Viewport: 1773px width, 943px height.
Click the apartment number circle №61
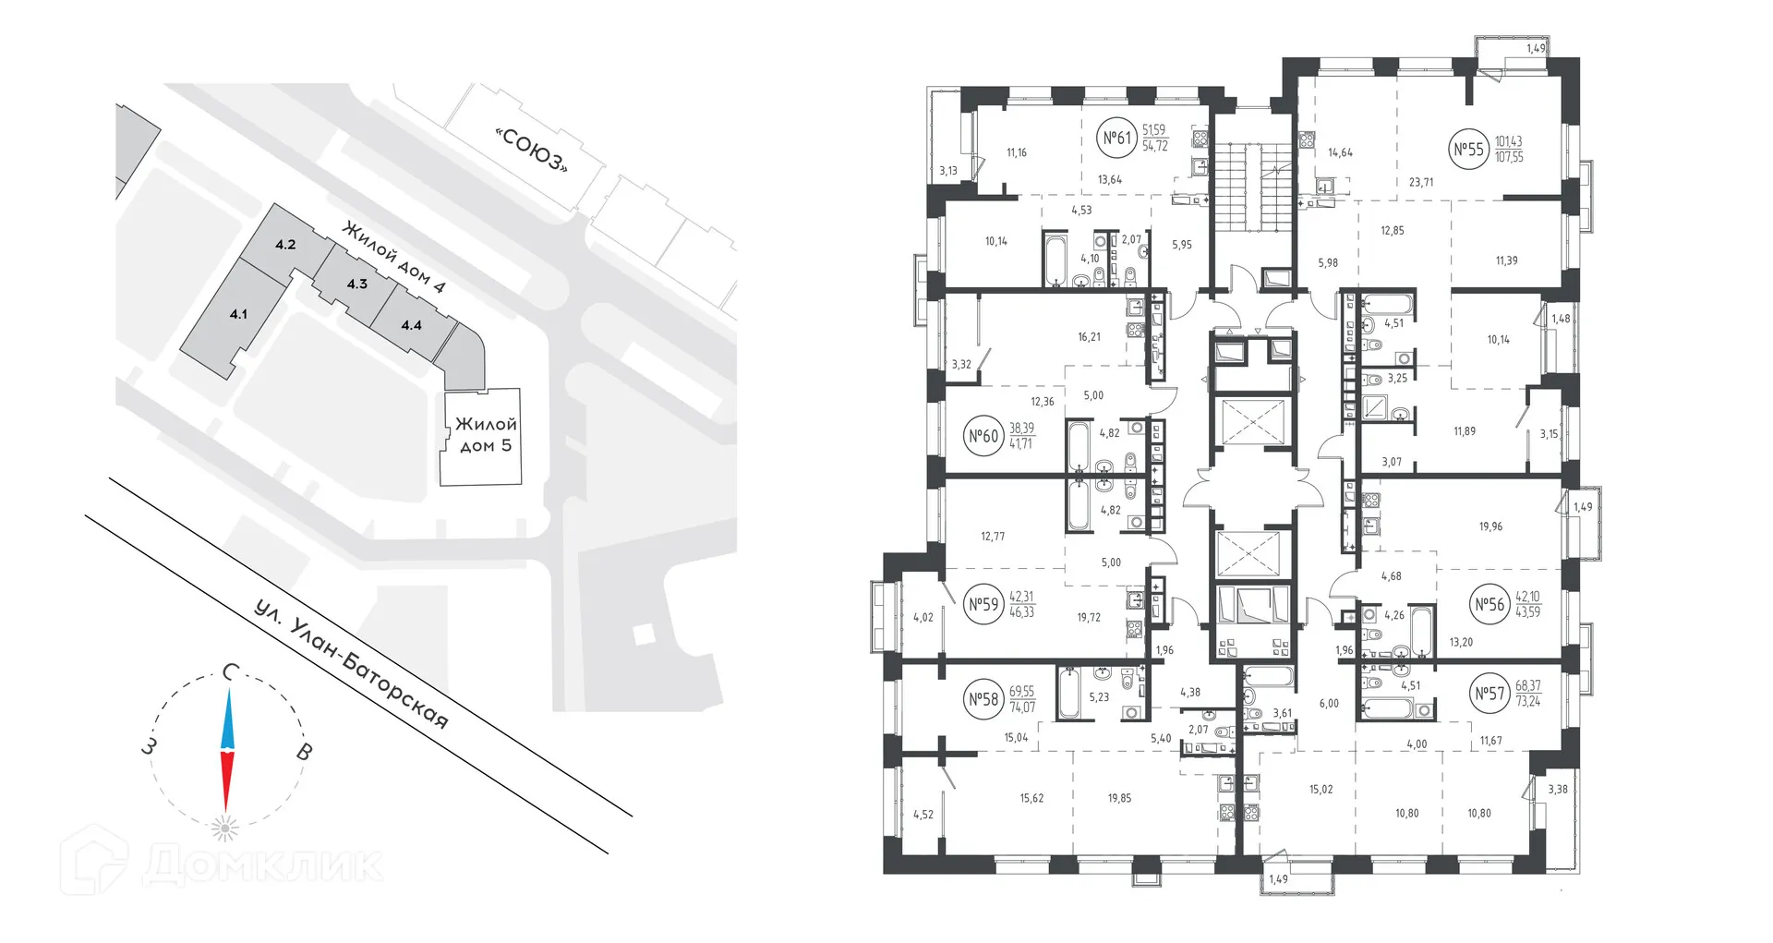[1117, 139]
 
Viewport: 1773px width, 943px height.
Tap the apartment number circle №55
[1468, 150]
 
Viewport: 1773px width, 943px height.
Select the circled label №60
[983, 436]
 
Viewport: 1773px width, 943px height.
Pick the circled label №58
[983, 699]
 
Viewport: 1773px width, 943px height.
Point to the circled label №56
[1490, 605]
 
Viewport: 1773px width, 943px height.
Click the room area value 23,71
[1421, 183]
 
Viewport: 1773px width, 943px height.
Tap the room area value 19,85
[1119, 798]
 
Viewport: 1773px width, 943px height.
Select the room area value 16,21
[1089, 338]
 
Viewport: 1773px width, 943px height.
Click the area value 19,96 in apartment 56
[1490, 527]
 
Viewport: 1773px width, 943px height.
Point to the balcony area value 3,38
[1557, 790]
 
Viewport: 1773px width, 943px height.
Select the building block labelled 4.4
[411, 325]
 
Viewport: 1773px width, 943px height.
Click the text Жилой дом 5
[486, 435]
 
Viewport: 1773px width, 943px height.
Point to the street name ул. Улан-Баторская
[351, 665]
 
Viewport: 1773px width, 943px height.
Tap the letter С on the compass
[231, 672]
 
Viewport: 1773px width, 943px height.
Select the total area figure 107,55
[1509, 158]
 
